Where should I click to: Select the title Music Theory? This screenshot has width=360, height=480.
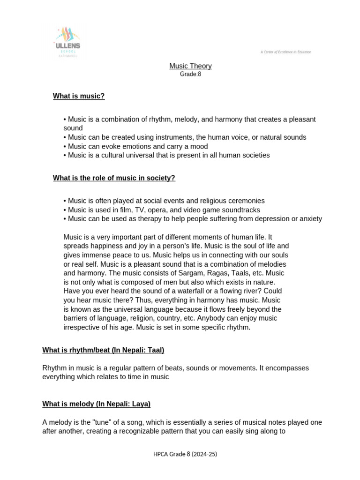190,66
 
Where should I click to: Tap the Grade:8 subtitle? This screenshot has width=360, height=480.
190,74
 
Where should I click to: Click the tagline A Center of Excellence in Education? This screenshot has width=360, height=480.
285,52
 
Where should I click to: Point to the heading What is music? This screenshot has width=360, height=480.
79,96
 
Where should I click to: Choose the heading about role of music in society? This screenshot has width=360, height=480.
114,178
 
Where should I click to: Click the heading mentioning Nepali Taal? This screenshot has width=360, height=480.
103,350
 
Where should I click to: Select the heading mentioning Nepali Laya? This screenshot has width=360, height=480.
96,404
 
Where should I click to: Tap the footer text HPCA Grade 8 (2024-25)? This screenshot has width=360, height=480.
185,454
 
